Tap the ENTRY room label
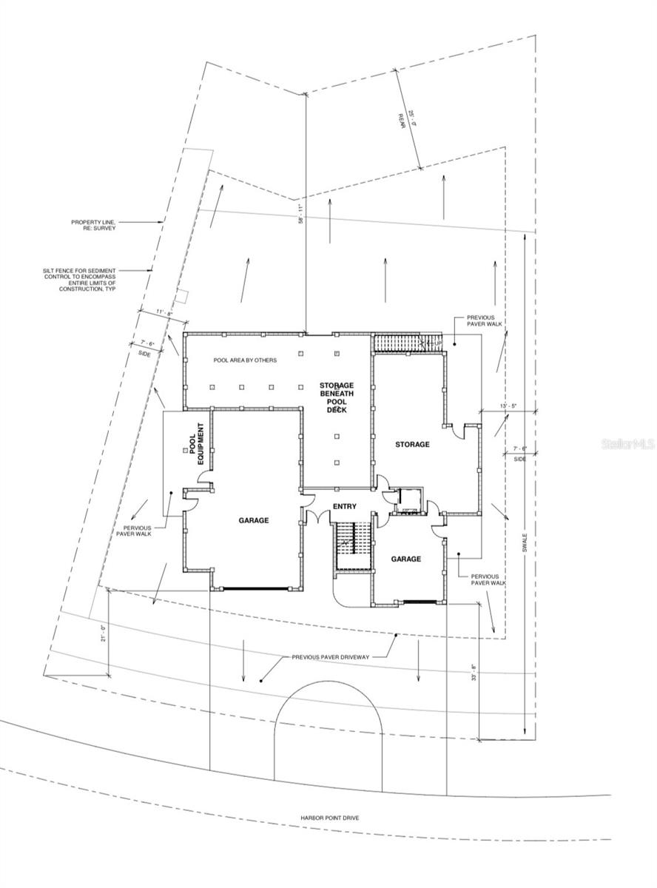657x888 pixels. [x=344, y=507]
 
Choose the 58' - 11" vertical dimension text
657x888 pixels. [x=300, y=215]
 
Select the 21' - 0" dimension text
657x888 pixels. [x=104, y=634]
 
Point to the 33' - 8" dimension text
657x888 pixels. [x=474, y=676]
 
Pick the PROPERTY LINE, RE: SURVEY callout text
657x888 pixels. [x=94, y=225]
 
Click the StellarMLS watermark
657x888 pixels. [x=627, y=444]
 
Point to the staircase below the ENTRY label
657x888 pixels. [x=346, y=546]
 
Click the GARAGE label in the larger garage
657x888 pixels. [x=253, y=520]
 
